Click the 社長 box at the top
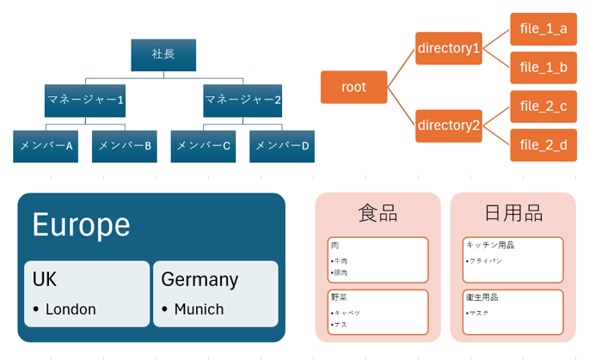163,55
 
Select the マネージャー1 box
85,101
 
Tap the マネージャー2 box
242,101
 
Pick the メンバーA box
46,146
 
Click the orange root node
353,87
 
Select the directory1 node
448,48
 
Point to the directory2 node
448,125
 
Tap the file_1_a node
543,29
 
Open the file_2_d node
543,145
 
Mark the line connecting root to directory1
401,68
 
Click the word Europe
81,225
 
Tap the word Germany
199,279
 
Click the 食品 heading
377,213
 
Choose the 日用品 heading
512,213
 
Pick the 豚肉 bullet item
341,273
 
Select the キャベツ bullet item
347,313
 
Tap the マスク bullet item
479,313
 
